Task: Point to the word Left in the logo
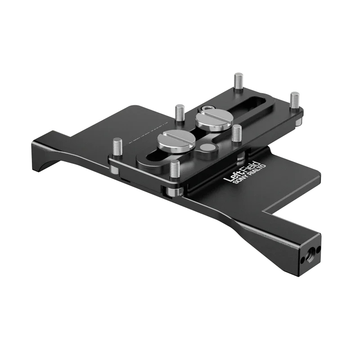(x=232, y=175)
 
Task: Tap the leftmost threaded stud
(x=117, y=147)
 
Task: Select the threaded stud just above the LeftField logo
(x=236, y=133)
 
